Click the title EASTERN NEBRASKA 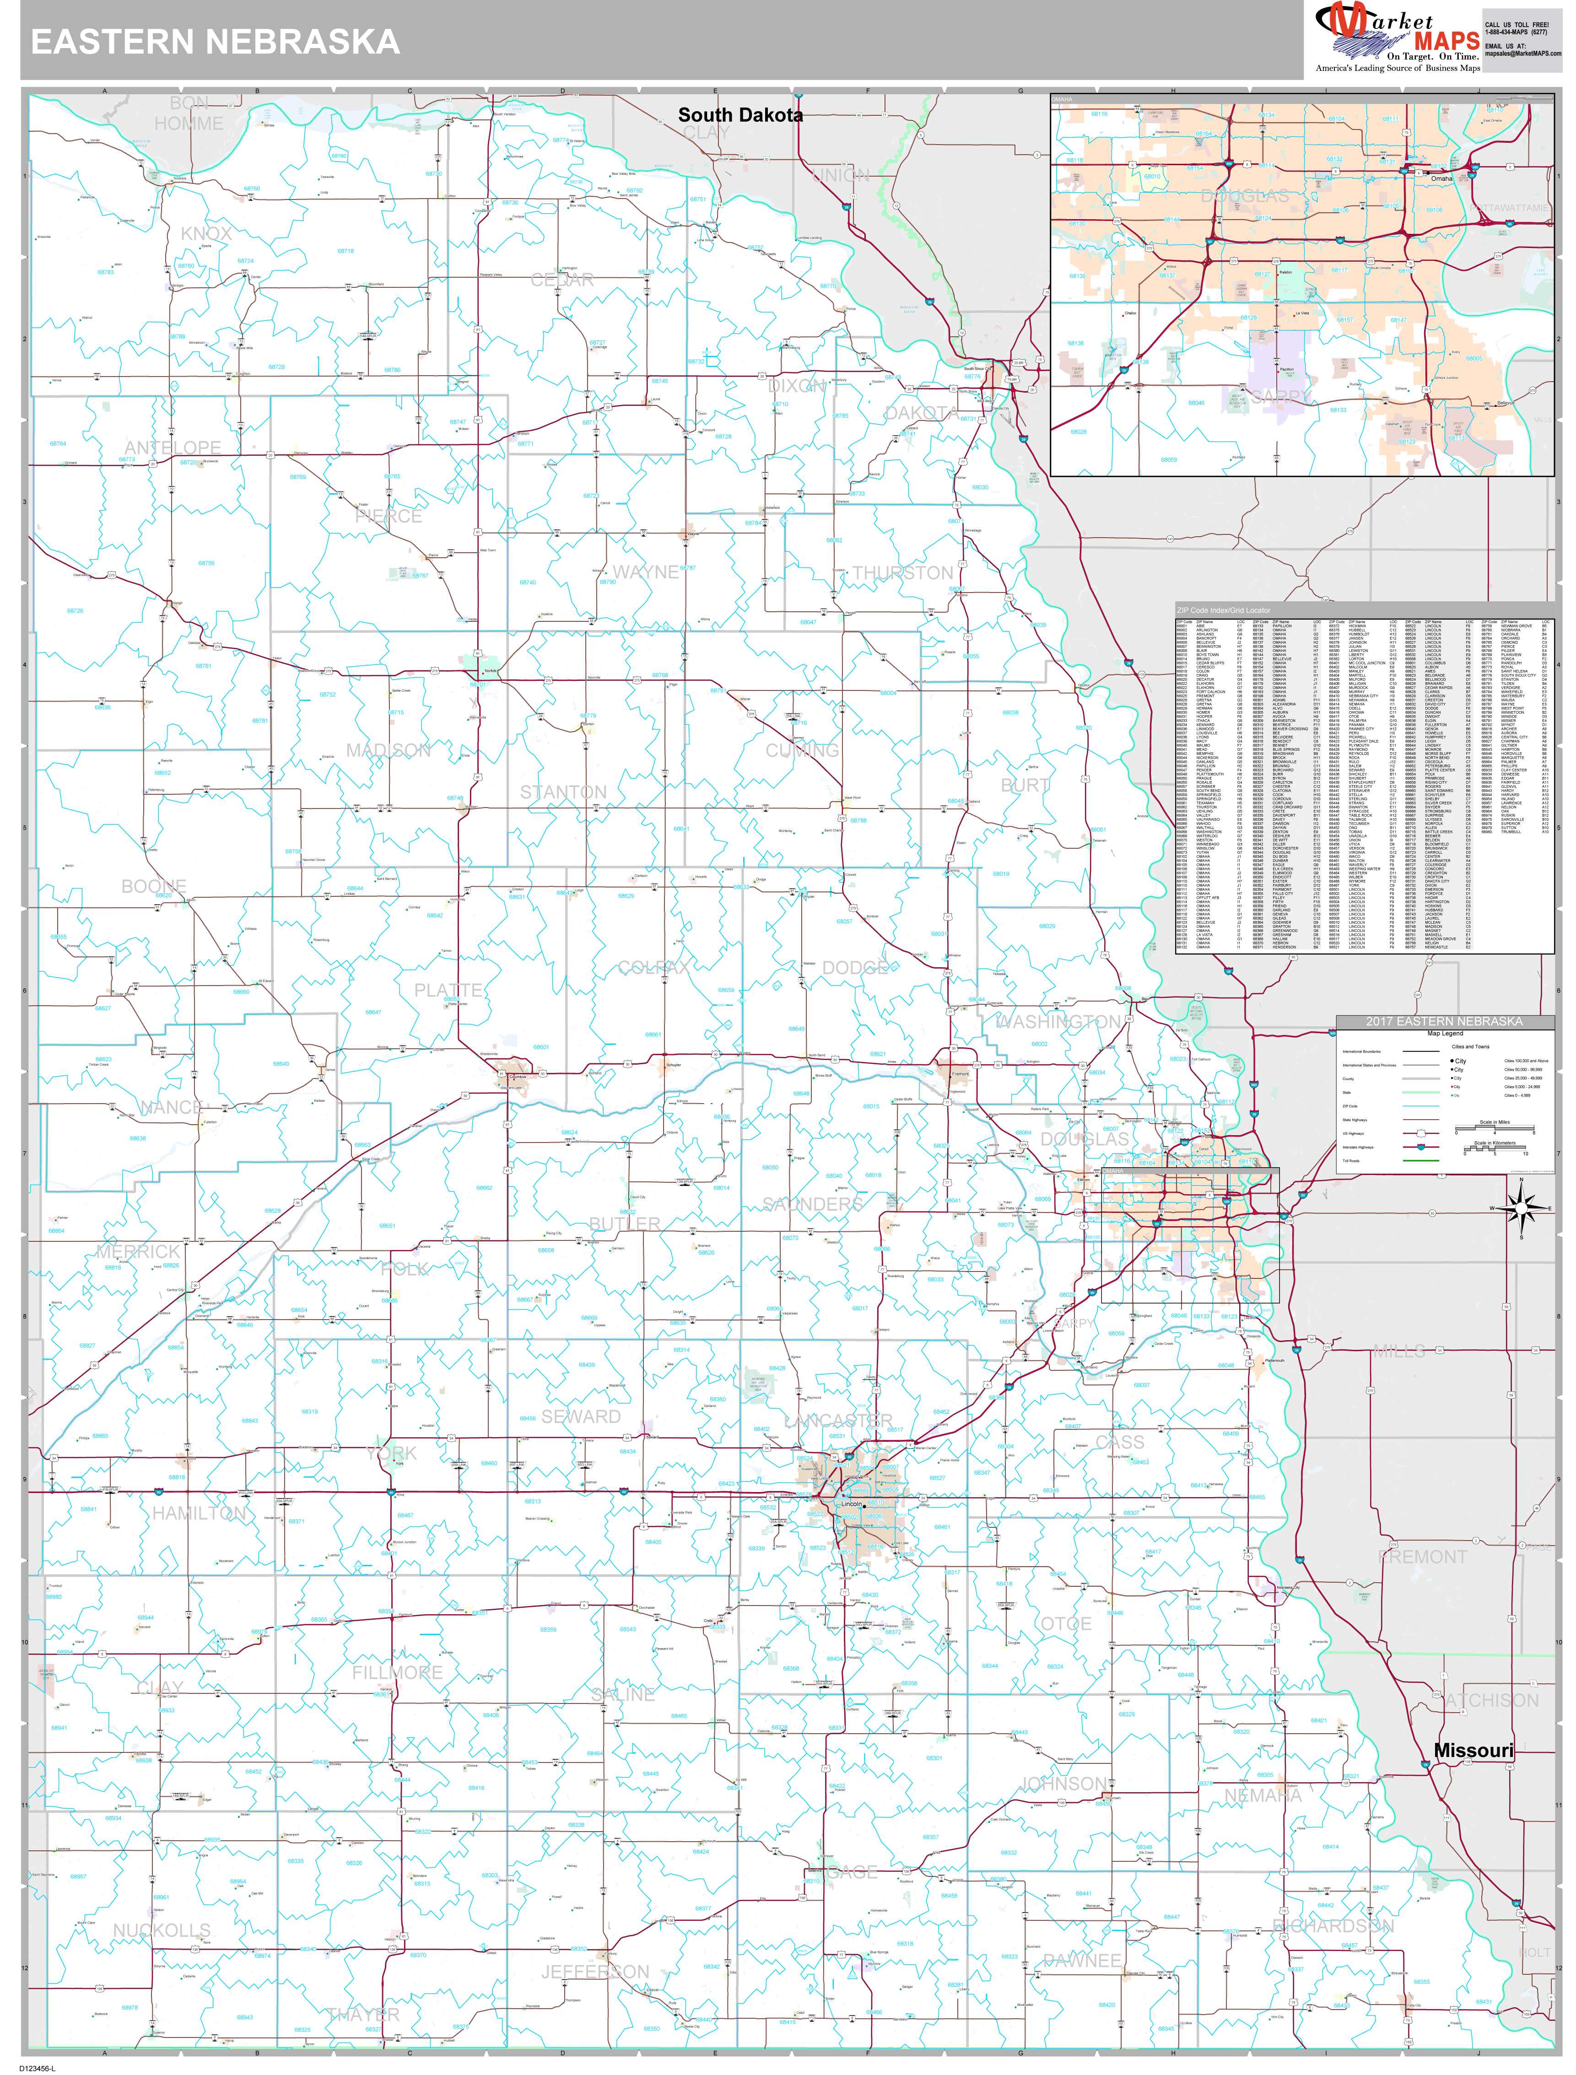click(x=216, y=42)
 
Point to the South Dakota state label click(x=740, y=115)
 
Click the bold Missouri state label click(x=1474, y=1751)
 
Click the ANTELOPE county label click(x=173, y=448)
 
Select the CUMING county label click(x=802, y=750)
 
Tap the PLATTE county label click(x=448, y=991)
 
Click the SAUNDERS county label click(x=812, y=1204)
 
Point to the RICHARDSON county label click(x=1333, y=1926)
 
